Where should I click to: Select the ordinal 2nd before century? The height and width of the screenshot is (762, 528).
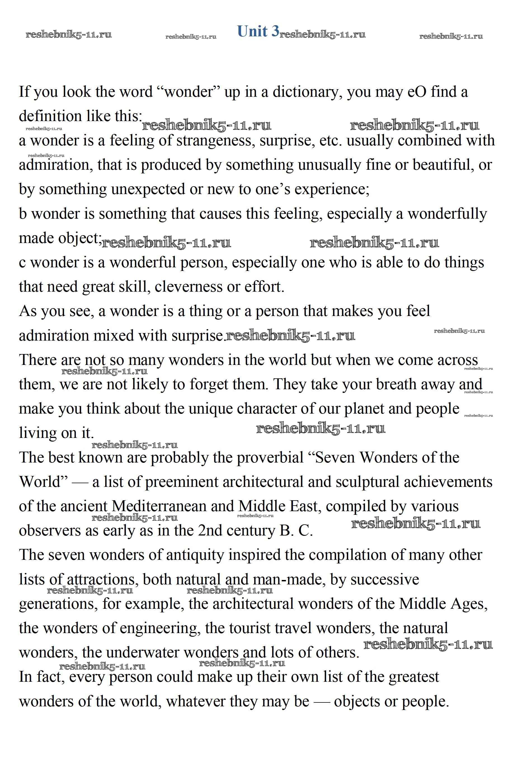[210, 531]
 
